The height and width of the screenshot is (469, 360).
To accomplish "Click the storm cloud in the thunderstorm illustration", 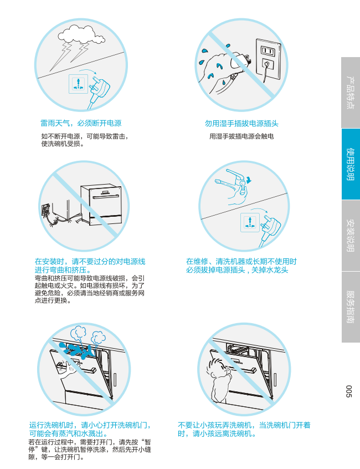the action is [x=81, y=34].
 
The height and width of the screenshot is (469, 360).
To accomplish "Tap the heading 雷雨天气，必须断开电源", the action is [x=81, y=123].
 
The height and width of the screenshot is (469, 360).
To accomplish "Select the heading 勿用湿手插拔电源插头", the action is [x=241, y=123].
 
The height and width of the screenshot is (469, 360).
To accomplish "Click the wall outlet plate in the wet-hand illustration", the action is [x=268, y=60].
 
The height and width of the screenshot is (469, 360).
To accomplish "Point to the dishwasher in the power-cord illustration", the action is [x=101, y=205].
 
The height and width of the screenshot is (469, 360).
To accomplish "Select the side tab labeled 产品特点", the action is [x=351, y=93].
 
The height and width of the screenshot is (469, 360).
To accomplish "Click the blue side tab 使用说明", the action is [x=351, y=164].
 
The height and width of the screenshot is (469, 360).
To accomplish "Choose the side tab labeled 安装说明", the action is [x=351, y=236].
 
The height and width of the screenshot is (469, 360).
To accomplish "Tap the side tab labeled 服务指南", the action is [x=351, y=307].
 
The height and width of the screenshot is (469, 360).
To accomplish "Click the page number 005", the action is [x=349, y=391].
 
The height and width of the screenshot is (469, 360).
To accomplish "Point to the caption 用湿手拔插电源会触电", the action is [x=241, y=136].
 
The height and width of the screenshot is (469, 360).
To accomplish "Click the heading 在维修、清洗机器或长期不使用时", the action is [x=241, y=262].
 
